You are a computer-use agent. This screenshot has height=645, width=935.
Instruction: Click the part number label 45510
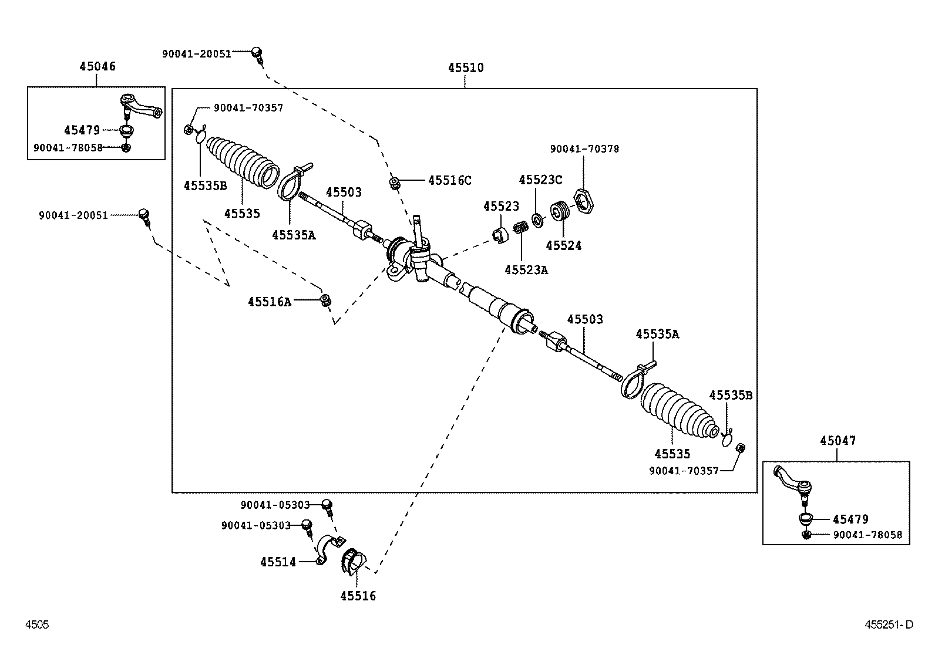466,68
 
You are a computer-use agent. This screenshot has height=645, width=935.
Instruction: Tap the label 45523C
540,180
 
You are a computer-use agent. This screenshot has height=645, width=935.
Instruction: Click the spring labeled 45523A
520,227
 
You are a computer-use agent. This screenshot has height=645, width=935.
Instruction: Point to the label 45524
563,246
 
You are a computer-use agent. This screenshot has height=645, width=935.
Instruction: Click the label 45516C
449,181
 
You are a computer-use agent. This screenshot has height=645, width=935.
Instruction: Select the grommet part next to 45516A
325,300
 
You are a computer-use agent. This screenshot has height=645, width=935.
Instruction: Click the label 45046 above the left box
97,66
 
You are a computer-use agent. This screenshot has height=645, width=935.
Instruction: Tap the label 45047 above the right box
838,441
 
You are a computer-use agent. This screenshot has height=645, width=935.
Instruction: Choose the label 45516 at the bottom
358,596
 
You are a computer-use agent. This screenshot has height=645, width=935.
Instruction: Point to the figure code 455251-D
889,625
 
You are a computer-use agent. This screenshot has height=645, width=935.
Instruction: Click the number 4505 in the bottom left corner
36,625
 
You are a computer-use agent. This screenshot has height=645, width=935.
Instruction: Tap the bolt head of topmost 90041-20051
257,52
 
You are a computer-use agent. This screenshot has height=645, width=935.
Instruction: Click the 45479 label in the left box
82,130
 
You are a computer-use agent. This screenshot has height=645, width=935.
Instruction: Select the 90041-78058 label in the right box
867,535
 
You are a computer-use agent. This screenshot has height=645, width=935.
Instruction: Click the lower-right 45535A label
657,335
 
